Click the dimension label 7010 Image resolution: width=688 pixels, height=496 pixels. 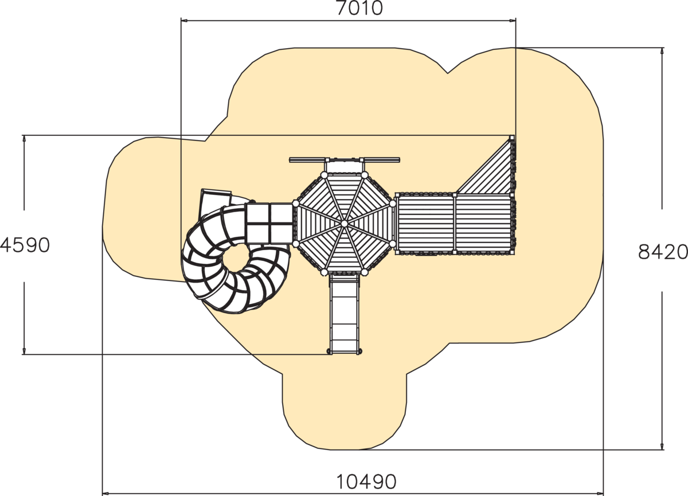(x=359, y=8)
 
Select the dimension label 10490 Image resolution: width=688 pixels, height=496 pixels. (x=366, y=482)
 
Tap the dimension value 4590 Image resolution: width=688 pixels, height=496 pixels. (x=25, y=245)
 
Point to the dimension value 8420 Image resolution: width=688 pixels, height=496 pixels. (x=663, y=252)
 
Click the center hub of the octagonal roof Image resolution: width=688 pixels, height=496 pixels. (x=345, y=224)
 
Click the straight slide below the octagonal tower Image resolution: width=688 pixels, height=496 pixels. (x=345, y=314)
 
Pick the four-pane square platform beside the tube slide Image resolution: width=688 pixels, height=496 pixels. (x=269, y=224)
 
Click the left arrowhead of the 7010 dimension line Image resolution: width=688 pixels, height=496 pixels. (x=184, y=21)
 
